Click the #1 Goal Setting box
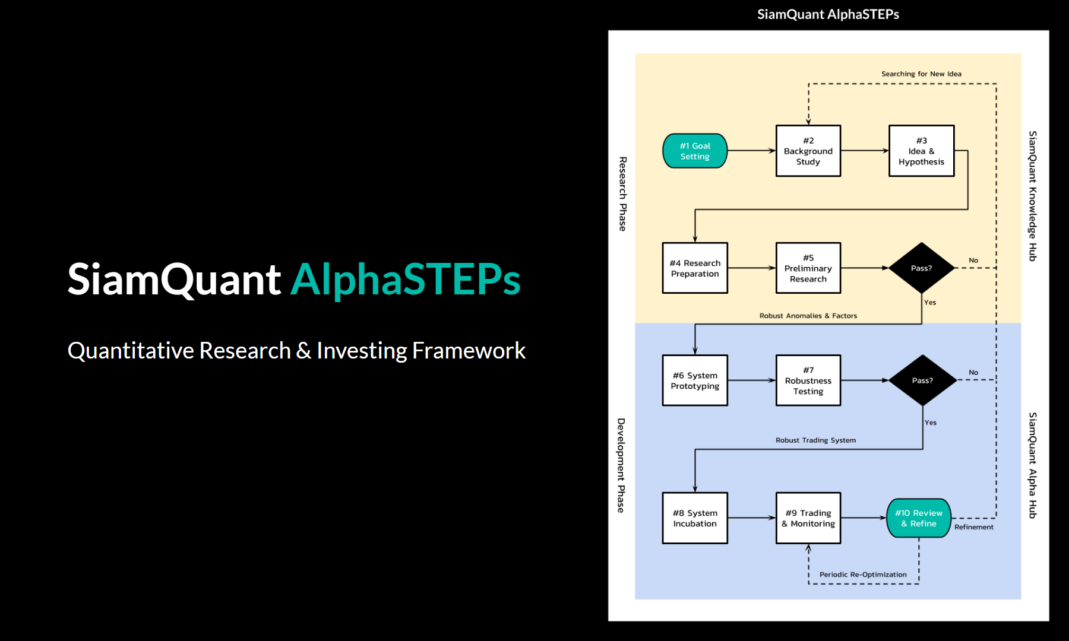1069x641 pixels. point(695,151)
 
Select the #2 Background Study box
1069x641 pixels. point(808,151)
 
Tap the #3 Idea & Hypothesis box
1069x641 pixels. point(921,151)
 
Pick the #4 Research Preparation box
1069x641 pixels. point(695,268)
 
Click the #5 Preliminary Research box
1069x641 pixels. point(808,268)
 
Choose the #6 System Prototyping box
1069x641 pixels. point(695,380)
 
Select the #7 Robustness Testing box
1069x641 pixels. point(808,380)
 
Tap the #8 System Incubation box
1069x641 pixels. point(695,518)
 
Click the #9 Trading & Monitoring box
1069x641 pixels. point(808,518)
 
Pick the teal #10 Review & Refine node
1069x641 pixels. point(919,518)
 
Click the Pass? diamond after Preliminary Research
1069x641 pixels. point(921,268)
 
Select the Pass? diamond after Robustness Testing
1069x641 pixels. point(922,380)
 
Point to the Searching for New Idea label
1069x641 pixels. point(921,74)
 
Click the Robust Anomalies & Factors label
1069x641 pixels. point(808,316)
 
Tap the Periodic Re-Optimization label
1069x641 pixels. point(863,575)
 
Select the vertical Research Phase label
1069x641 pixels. point(622,193)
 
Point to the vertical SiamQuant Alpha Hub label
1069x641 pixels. point(1033,465)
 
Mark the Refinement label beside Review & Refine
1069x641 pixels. point(973,527)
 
